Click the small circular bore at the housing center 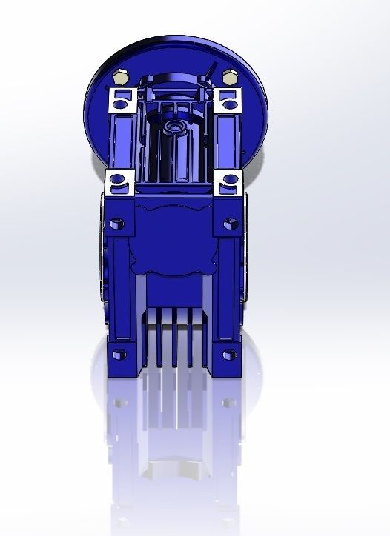pyautogui.click(x=176, y=127)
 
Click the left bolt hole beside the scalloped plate pyautogui.click(x=115, y=222)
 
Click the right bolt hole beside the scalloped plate pyautogui.click(x=230, y=221)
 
